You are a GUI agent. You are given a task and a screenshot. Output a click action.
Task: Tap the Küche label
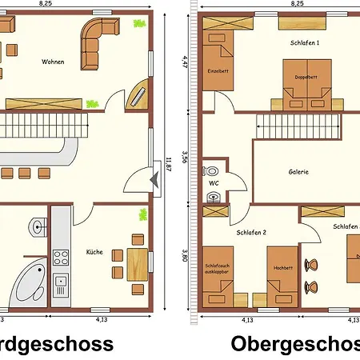coord(94,252)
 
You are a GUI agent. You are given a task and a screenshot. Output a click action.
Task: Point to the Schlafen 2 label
coord(252,233)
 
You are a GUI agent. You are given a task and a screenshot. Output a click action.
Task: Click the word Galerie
coord(299,171)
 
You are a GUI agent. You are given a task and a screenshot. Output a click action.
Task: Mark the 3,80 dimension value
coord(185,256)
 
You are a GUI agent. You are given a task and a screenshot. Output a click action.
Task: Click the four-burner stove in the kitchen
coord(60,258)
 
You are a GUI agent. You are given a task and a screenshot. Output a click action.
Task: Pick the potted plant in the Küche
coord(143,214)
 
